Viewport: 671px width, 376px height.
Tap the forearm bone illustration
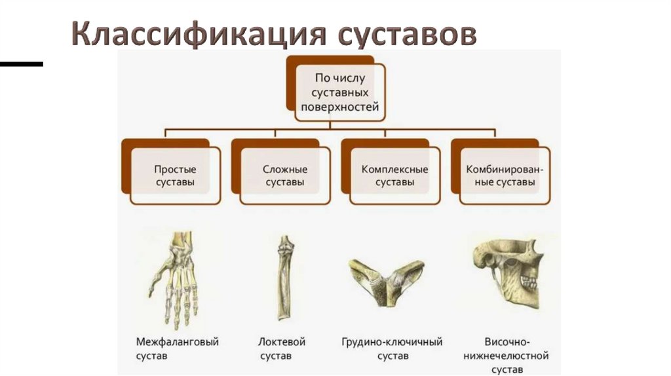tap(283, 278)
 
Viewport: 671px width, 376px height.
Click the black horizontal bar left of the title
tap(21, 64)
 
